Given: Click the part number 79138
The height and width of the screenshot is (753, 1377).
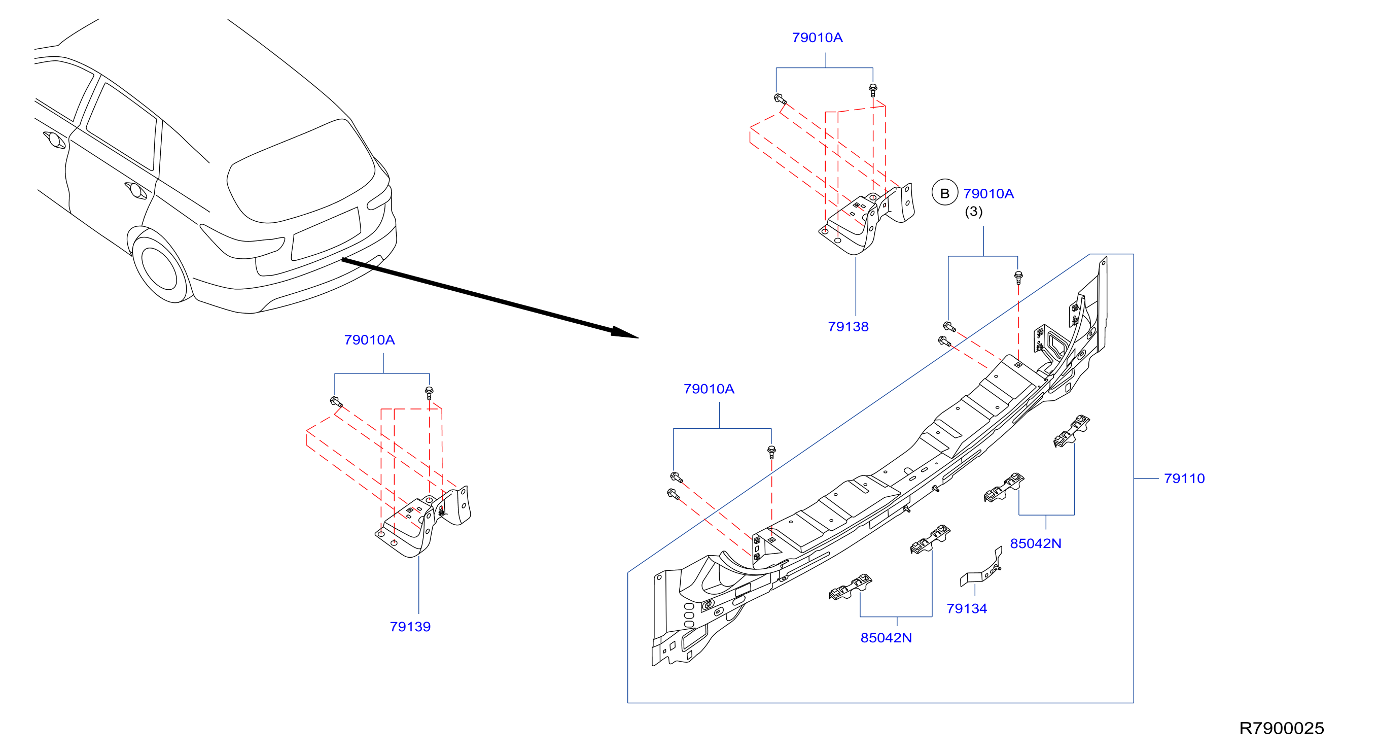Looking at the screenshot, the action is pos(848,326).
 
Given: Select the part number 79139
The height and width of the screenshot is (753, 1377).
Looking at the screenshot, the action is pos(410,626).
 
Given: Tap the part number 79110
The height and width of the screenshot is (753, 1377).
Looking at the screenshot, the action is pos(1184,478).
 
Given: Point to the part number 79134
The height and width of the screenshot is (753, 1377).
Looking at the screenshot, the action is pos(967,608).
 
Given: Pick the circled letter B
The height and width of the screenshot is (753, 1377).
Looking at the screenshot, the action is pos(944,192).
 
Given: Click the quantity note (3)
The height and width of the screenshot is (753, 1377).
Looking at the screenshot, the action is pos(973,212).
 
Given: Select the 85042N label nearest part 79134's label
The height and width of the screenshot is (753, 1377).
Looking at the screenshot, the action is pos(886,637).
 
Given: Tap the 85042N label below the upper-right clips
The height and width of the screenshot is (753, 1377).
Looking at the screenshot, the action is pos(1036,543).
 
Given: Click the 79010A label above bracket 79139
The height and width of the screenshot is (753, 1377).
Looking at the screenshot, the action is pos(369,339).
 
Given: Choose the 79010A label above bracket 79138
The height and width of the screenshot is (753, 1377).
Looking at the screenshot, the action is pos(818,38).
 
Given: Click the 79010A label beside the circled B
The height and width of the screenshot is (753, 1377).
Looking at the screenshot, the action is pos(988,194).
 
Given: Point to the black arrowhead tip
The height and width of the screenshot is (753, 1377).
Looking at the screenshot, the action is pos(639,338).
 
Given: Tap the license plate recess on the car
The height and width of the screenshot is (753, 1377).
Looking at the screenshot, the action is pos(326,234).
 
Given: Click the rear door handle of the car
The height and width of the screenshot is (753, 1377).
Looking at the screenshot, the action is pos(136,190).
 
